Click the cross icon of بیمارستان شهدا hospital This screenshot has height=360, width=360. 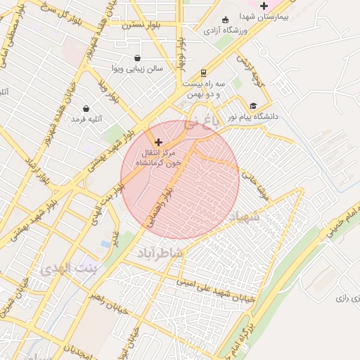[x=264, y=6]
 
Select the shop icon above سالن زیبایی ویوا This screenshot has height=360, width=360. [x=137, y=58]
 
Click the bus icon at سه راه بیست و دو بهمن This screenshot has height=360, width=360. [x=203, y=72]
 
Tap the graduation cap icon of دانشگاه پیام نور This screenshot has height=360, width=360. [x=253, y=105]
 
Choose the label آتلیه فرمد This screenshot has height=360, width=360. [x=86, y=120]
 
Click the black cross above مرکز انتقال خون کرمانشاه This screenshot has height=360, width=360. [x=157, y=142]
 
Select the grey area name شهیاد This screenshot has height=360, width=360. [x=244, y=217]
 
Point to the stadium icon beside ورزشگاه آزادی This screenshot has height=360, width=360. [x=225, y=20]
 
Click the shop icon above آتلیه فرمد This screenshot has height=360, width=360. [x=86, y=109]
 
